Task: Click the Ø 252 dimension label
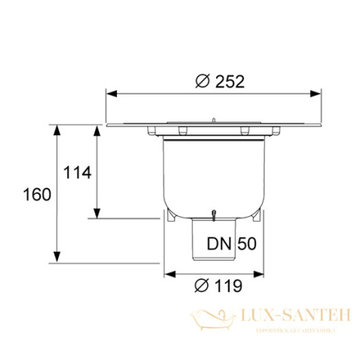coord(218,80)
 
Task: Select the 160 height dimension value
coord(37,194)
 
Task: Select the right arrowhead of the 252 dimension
coord(319,93)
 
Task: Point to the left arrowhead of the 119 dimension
coord(169,274)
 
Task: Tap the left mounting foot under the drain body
coord(170,216)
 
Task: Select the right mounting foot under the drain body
coord(259,216)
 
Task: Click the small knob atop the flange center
coord(214,119)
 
